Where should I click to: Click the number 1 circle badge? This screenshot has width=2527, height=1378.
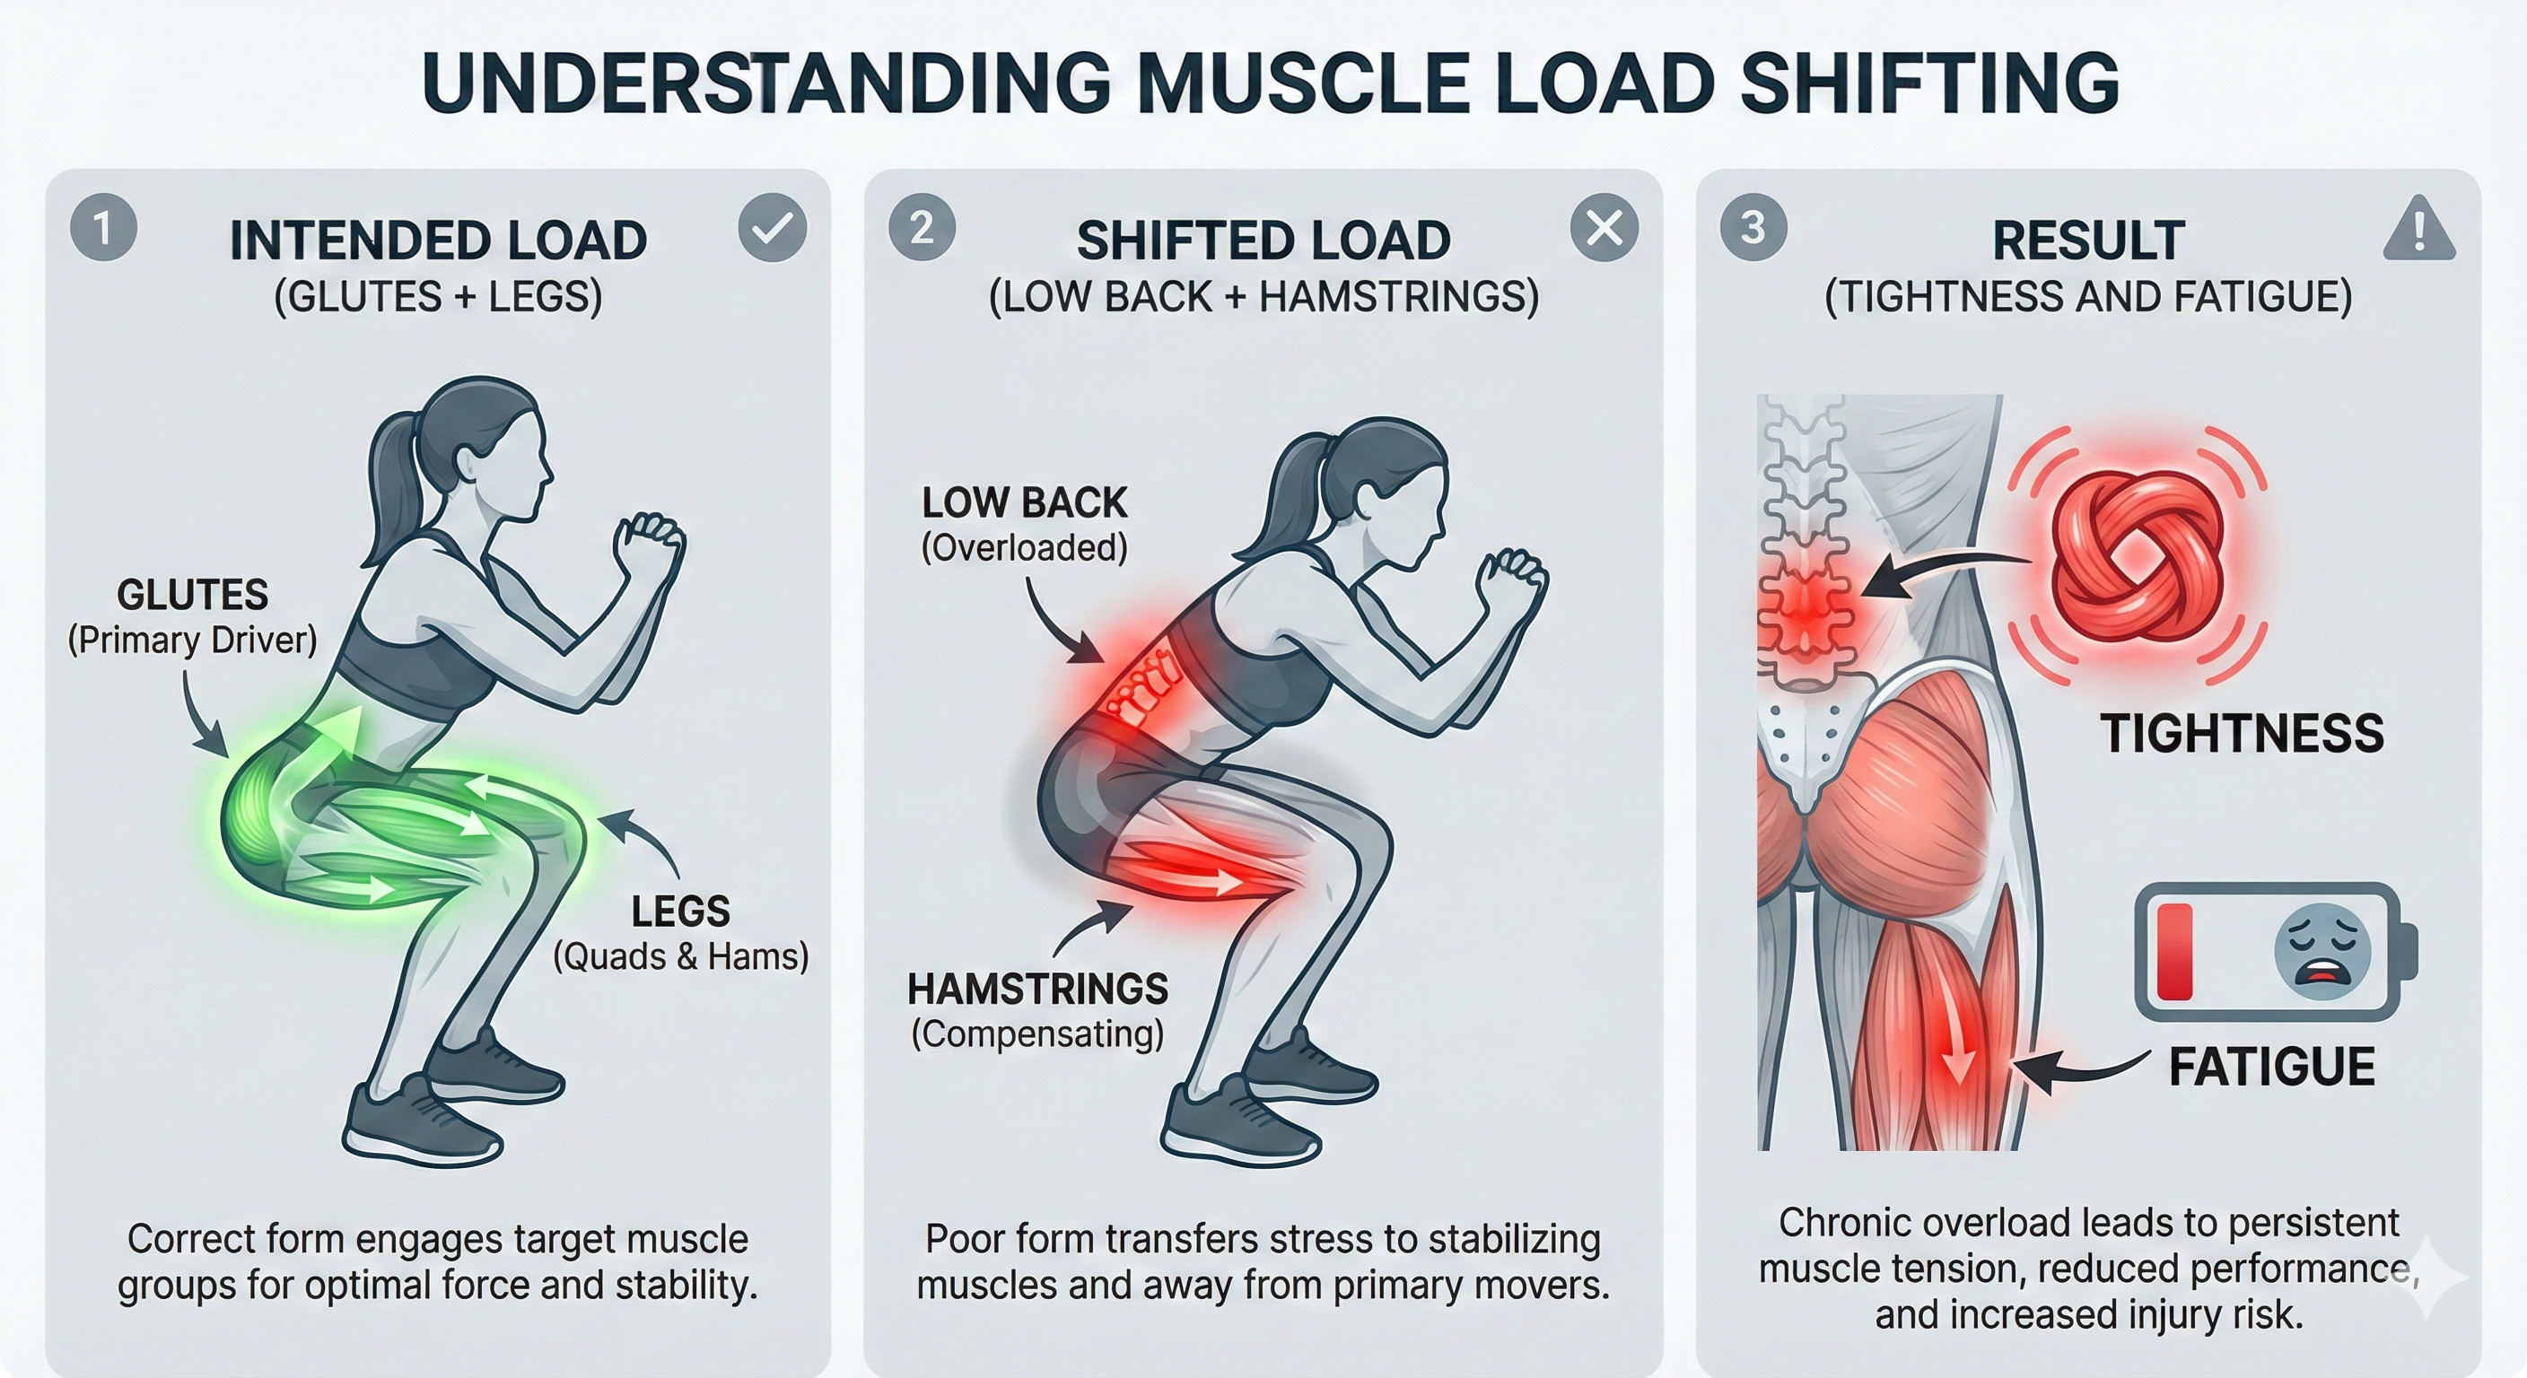click(103, 228)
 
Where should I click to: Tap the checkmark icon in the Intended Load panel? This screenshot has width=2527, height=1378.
click(772, 228)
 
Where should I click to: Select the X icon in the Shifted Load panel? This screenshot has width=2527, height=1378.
click(1604, 228)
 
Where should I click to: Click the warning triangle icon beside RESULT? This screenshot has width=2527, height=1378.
click(2418, 231)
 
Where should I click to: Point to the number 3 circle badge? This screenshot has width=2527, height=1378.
click(1753, 228)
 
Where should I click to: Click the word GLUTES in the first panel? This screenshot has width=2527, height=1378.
click(192, 595)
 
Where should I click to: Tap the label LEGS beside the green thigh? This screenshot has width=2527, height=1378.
click(681, 911)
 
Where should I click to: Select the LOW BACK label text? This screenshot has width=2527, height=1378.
click(1024, 502)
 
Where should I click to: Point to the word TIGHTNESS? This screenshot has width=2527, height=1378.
click(2242, 733)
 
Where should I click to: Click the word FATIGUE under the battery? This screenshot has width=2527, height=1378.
click(2271, 1066)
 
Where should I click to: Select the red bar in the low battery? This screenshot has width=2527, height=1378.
click(2175, 951)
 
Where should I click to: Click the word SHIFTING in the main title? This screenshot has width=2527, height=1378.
click(1929, 83)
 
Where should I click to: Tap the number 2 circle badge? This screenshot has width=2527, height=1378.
click(921, 228)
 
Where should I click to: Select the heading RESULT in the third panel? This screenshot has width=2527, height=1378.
click(2087, 240)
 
